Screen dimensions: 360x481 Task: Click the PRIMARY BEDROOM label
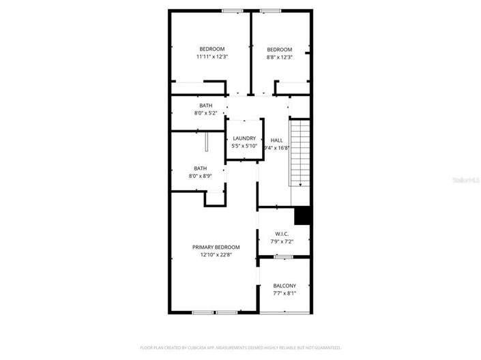[x=216, y=247]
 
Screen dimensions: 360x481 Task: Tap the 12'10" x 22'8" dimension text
[x=216, y=255]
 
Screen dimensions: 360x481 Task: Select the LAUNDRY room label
[x=244, y=138]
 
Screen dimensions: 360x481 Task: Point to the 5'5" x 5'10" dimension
[x=244, y=146]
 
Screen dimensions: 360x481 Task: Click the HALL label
[x=276, y=140]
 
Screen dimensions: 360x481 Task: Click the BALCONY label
[x=285, y=286]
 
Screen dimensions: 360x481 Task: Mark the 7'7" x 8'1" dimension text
[x=285, y=293]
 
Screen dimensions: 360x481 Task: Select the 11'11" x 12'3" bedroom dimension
[x=212, y=57]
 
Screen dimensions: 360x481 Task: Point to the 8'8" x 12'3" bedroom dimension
[x=279, y=57]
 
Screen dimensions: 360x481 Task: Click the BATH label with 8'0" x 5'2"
[x=206, y=106]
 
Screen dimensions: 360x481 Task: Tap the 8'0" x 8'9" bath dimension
[x=200, y=176]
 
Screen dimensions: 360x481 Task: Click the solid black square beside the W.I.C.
[x=303, y=215]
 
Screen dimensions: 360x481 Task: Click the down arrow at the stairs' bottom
[x=300, y=185]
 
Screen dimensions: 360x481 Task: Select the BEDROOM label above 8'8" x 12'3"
[x=279, y=49]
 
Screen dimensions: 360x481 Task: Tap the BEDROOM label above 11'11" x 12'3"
[x=212, y=49]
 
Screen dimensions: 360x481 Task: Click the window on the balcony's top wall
[x=283, y=256]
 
